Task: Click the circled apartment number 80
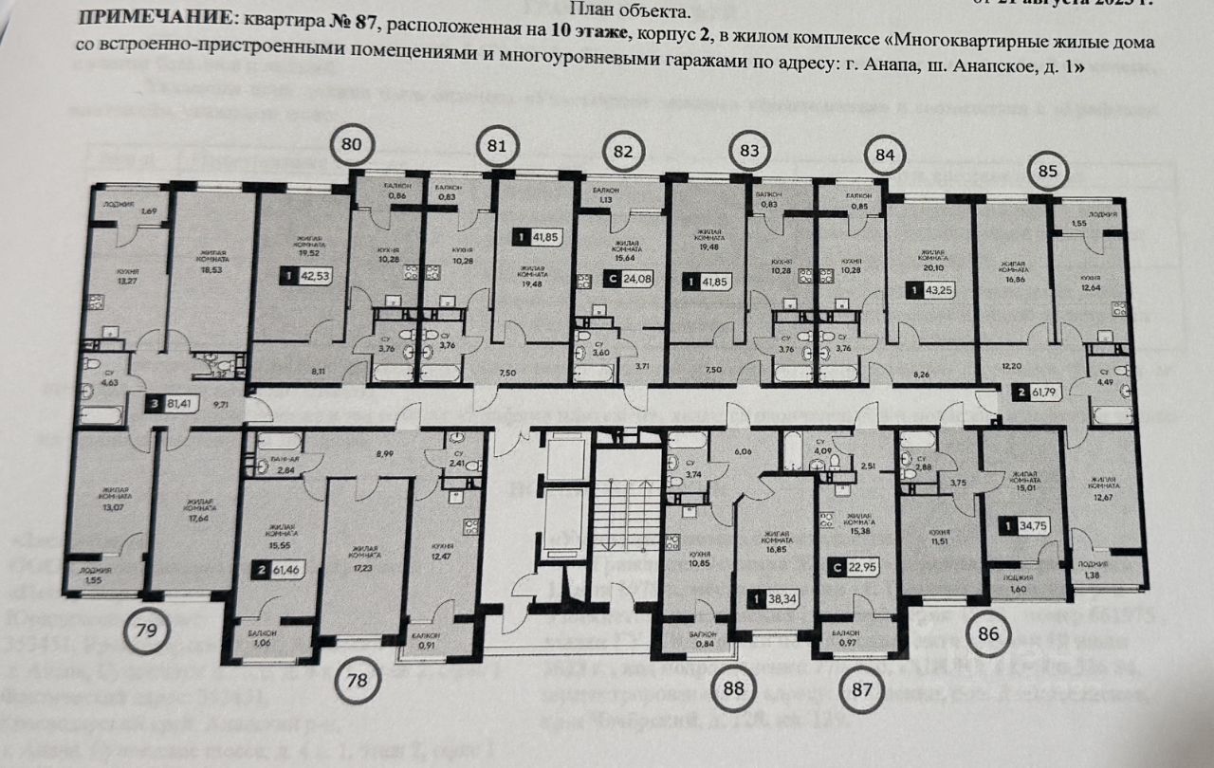pyautogui.click(x=352, y=146)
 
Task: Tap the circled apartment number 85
pyautogui.click(x=1048, y=173)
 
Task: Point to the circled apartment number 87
pyautogui.click(x=860, y=689)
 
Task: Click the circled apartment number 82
pyautogui.click(x=622, y=152)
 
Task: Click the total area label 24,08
pyautogui.click(x=631, y=280)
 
